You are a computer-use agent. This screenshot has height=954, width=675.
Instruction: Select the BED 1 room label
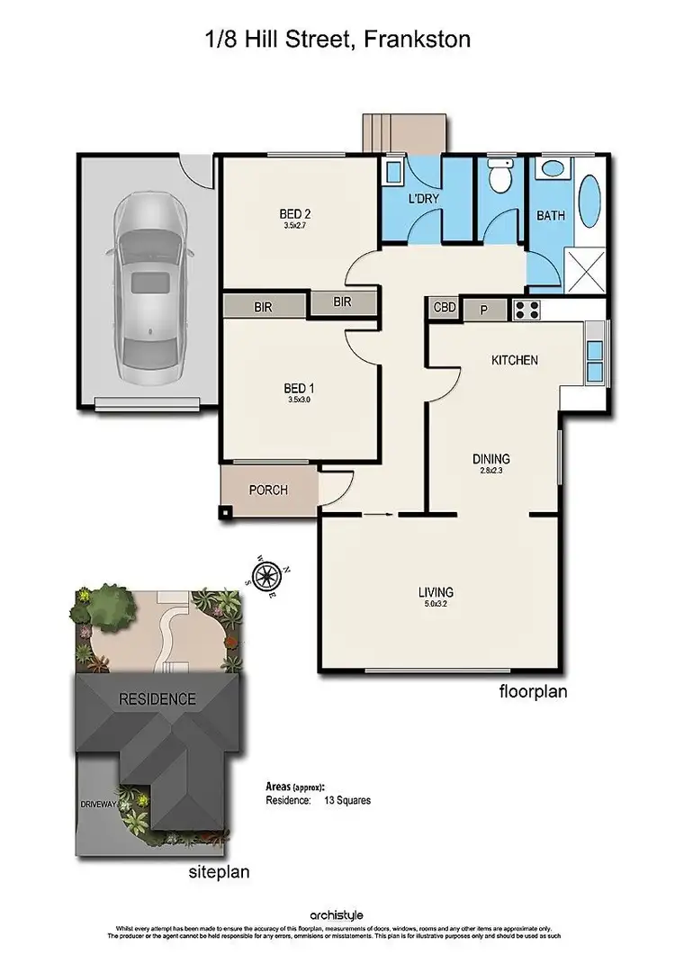pos(295,390)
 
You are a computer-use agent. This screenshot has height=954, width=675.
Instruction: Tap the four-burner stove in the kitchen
pos(526,310)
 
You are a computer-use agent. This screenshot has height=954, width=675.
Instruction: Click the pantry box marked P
pos(483,310)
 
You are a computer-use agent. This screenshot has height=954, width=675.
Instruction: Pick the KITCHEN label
pos(514,360)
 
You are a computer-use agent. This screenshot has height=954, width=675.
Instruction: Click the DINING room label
pos(491,459)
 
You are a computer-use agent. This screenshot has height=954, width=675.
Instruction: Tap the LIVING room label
pos(435,592)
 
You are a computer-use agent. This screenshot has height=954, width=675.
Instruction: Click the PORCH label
pos(268,490)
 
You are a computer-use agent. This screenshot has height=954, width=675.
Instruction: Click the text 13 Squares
pos(347,799)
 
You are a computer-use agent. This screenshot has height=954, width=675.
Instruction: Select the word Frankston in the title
pos(417,39)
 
